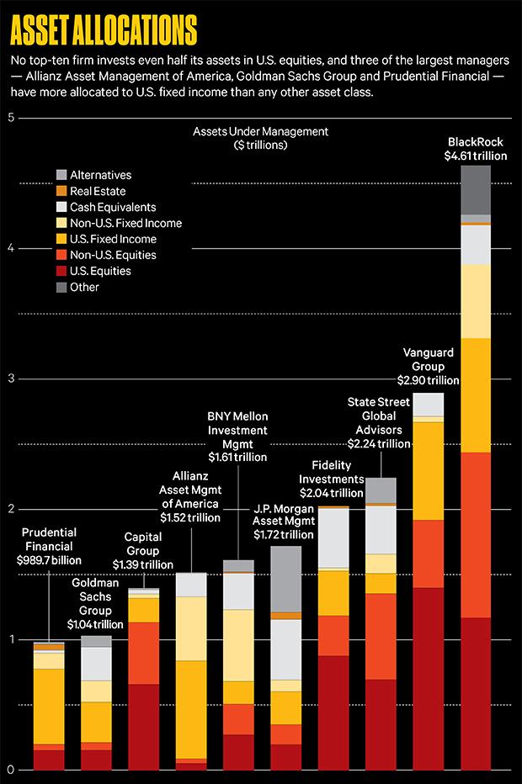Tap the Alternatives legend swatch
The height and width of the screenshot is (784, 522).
point(61,175)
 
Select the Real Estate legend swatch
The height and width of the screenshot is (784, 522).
point(61,191)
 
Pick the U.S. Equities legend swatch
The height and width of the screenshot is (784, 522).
point(61,271)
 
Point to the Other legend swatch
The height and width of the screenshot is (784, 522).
point(61,287)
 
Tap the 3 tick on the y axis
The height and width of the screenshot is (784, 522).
point(11,379)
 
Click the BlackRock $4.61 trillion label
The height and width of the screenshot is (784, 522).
point(476,148)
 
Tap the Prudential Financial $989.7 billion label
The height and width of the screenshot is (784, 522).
point(48,546)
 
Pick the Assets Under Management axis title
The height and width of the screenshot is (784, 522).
point(260,139)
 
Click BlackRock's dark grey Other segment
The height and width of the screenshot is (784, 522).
point(476,189)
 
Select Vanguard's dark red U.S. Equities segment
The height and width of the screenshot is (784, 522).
point(429,678)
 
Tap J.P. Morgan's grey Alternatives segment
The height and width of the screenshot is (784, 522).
point(286,579)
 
